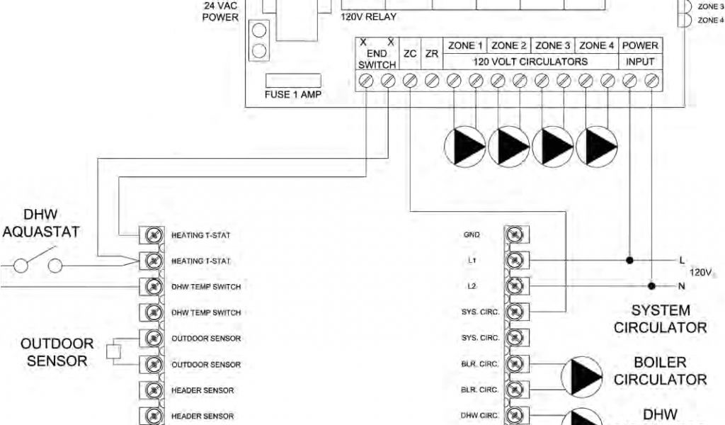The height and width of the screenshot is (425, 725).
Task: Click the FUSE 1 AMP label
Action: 292,94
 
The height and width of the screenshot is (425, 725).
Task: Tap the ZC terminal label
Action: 410,53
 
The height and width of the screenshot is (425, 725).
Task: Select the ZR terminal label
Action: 431,53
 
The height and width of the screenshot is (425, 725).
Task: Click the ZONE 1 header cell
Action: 465,45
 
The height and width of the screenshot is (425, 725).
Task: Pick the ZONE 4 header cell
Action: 597,45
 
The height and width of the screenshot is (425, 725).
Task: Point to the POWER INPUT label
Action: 640,53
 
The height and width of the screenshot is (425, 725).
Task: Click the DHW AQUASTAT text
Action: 40,223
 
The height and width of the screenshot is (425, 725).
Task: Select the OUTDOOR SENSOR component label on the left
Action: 57,352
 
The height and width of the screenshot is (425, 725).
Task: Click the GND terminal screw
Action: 515,234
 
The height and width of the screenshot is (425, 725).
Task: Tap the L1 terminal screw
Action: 515,260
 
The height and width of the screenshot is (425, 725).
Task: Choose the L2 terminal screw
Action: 515,286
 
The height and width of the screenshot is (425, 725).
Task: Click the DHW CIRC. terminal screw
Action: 515,416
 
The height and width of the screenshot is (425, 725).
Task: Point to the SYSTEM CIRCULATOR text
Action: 660,319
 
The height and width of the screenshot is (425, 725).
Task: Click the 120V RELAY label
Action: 368,16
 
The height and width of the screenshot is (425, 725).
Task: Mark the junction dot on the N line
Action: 651,286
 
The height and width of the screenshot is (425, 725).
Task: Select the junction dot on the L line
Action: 629,260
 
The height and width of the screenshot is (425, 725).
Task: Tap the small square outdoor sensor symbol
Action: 112,351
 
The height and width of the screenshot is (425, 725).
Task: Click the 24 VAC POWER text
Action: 221,11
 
